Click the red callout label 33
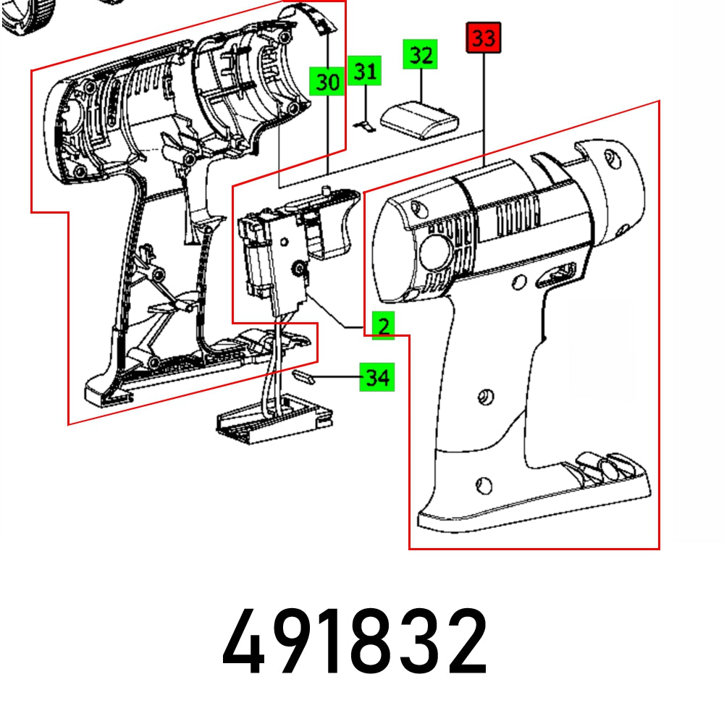pyautogui.click(x=483, y=38)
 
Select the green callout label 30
pyautogui.click(x=327, y=82)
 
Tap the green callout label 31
pyautogui.click(x=366, y=72)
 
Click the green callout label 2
pyautogui.click(x=382, y=326)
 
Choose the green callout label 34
pyautogui.click(x=376, y=377)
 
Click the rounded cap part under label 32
pyautogui.click(x=419, y=117)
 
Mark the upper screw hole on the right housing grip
pyautogui.click(x=484, y=396)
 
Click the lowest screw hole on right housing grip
pyautogui.click(x=484, y=484)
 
